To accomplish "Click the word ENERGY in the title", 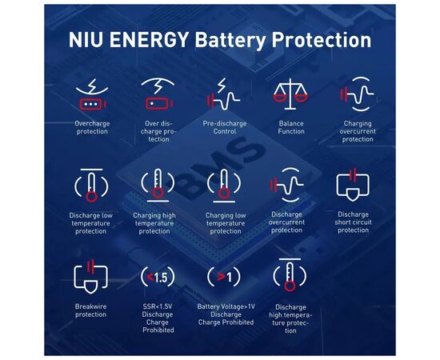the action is [149, 40].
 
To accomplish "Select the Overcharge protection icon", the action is [92, 94].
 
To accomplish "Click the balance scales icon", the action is [290, 94].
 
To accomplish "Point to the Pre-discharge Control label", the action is [225, 127].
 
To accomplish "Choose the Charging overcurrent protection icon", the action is [357, 94].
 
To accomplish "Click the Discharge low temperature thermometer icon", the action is [91, 186].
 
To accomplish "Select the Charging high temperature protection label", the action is [154, 223].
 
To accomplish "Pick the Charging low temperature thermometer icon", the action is [224, 186].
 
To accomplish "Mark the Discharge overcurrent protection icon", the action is [286, 185].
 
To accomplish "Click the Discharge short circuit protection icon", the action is [353, 185].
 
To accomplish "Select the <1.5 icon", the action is [158, 278].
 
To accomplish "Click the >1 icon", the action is [224, 278].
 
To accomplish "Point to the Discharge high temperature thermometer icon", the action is [290, 275].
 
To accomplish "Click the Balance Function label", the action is [291, 127].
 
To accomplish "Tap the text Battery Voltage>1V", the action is [226, 306].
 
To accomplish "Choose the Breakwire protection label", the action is [90, 310].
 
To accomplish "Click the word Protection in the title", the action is [322, 40].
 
